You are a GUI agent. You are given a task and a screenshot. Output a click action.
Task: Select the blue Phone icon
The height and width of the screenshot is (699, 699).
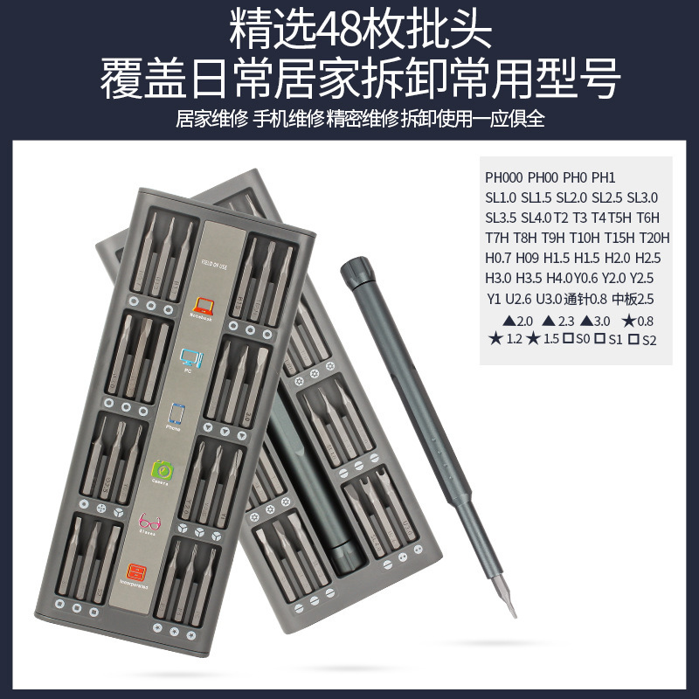(x=178, y=413)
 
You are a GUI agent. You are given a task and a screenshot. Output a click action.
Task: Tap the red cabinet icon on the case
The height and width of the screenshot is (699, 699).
(x=137, y=573)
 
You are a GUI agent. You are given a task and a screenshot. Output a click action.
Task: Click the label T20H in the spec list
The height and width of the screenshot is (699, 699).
(x=654, y=238)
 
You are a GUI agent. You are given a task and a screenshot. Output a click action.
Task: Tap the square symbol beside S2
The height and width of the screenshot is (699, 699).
(x=633, y=339)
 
